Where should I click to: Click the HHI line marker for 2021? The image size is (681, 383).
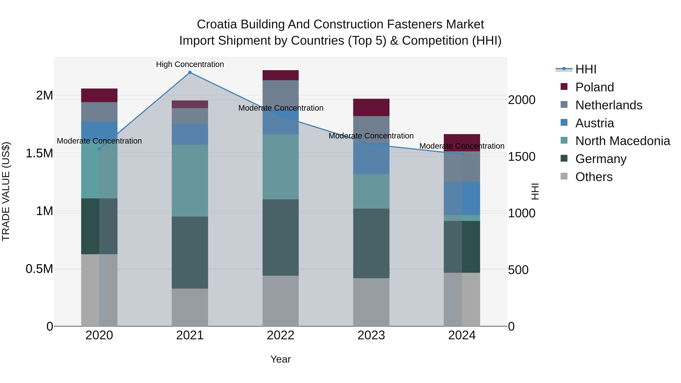pos(190,72)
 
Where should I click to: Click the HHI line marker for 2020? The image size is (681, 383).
pos(99,149)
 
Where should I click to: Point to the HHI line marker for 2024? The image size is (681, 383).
pos(462,154)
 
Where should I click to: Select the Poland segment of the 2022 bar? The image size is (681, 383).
pos(281,75)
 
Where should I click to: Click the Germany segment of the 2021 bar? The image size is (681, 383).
pos(190,252)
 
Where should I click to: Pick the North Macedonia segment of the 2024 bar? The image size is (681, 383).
pos(462,218)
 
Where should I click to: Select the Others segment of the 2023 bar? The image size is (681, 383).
pos(371,302)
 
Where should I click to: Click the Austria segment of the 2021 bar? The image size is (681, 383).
pos(190,134)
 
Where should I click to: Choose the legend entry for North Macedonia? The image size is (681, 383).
pos(623,141)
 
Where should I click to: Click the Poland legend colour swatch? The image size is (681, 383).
pos(564,87)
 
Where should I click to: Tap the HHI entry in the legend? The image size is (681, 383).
pos(585,69)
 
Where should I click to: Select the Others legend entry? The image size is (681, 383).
pos(594,177)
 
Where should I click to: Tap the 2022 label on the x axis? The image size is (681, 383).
pos(281,335)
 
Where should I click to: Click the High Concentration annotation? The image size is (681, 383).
pos(190,64)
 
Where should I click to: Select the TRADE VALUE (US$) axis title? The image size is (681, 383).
pos(6,191)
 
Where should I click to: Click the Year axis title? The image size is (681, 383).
pos(281,359)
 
